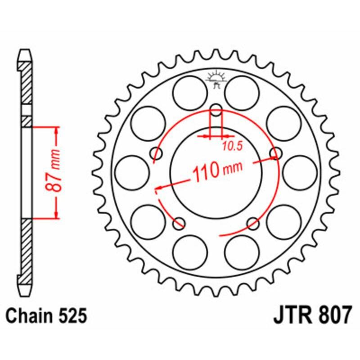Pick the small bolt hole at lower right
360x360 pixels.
(253, 222)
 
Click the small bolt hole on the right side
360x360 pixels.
(275, 153)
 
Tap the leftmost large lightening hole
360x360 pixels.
(132, 172)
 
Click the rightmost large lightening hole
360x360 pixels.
(300, 172)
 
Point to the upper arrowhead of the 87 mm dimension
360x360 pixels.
(56, 130)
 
